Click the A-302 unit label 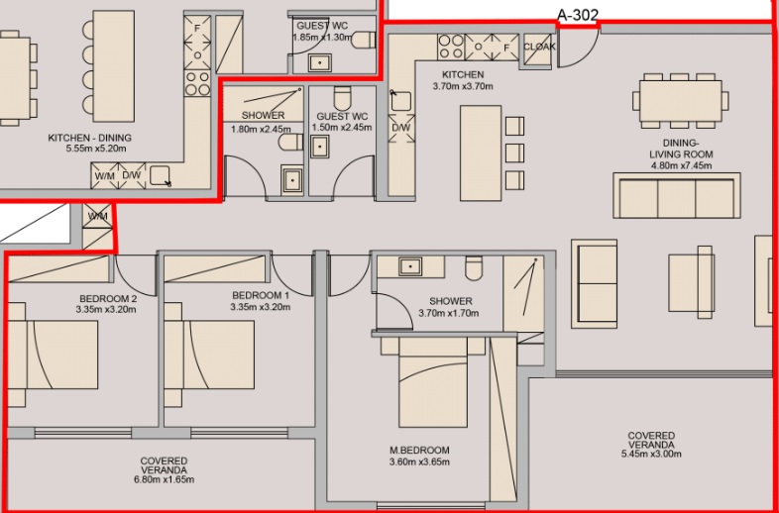[577, 15]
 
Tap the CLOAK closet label [539, 47]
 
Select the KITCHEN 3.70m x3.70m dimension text [463, 86]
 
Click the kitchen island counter [481, 153]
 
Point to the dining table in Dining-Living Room [680, 101]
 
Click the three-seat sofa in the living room [677, 195]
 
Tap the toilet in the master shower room [474, 267]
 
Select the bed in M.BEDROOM [433, 381]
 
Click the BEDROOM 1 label [261, 295]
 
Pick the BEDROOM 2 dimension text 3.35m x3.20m [106, 309]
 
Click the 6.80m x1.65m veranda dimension [164, 479]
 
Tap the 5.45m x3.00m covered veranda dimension [651, 454]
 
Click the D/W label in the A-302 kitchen [401, 128]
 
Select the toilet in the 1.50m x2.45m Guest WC [343, 98]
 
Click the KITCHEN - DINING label [90, 138]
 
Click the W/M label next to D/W [103, 175]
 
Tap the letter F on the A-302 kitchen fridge [507, 49]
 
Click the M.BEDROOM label [419, 451]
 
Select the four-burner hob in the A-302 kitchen [451, 47]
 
